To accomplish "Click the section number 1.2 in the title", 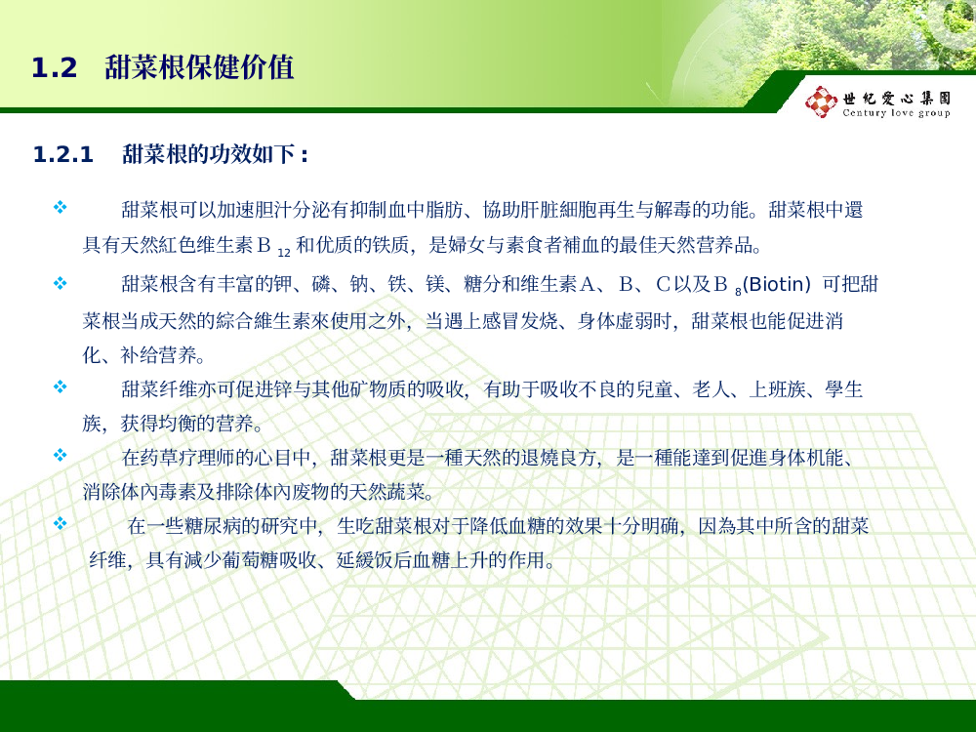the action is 54,68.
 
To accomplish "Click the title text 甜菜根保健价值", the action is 199,67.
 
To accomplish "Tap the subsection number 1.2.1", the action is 62,154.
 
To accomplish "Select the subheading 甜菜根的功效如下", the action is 209,154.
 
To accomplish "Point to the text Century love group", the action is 896,112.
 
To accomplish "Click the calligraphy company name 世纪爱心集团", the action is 897,98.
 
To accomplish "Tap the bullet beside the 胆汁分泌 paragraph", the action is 61,207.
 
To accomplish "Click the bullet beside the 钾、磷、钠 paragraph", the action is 61,283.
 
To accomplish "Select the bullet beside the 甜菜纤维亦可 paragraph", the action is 61,386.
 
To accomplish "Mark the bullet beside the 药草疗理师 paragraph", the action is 61,455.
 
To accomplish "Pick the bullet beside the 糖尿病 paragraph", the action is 61,523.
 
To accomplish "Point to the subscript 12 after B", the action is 284,253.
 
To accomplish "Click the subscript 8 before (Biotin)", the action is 738,292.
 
